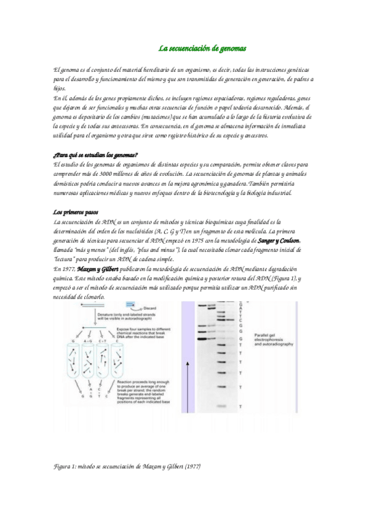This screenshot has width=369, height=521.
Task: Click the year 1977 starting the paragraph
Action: click(x=66, y=268)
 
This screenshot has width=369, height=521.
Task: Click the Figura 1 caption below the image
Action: click(x=127, y=466)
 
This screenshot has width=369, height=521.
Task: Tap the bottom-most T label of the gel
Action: click(x=240, y=407)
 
